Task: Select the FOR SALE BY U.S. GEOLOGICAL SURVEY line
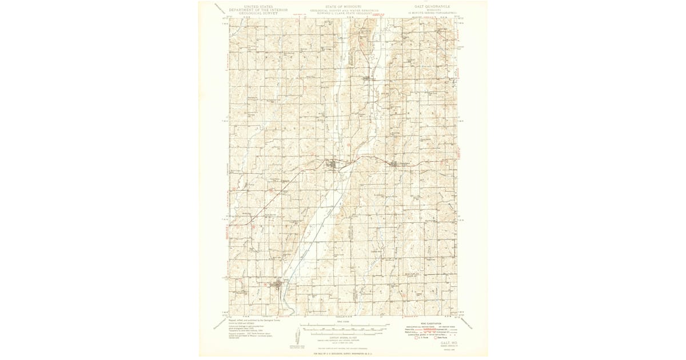point(343,354)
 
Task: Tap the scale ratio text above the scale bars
point(343,323)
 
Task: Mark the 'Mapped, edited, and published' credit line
point(252,321)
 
